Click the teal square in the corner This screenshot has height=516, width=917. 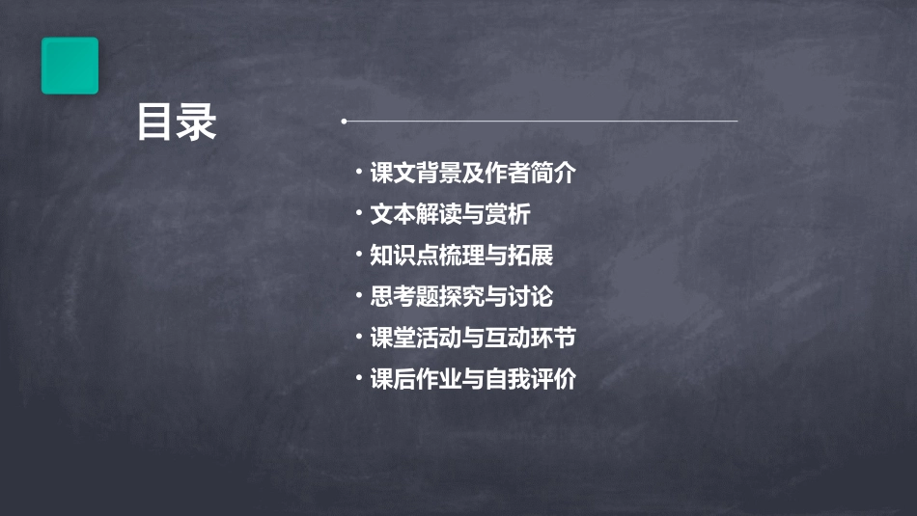click(69, 66)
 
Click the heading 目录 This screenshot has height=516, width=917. click(177, 122)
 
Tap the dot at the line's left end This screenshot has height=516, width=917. click(344, 122)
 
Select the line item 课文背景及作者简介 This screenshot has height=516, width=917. click(473, 174)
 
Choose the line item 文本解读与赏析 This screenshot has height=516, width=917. click(450, 214)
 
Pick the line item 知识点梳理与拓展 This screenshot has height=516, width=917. click(461, 256)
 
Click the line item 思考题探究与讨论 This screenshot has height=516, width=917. click(461, 297)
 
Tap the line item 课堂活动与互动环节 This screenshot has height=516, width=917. click(473, 339)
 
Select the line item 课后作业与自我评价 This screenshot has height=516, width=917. click(473, 379)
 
